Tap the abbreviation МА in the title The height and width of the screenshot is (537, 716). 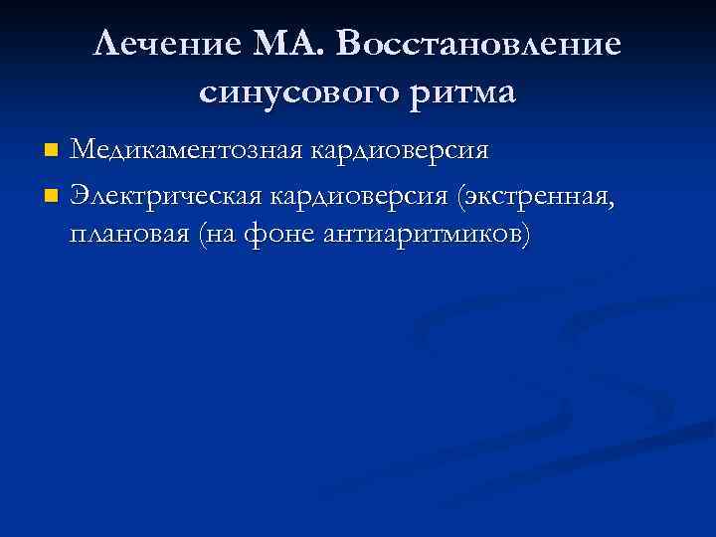282,45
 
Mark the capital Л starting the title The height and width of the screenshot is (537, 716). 106,45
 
